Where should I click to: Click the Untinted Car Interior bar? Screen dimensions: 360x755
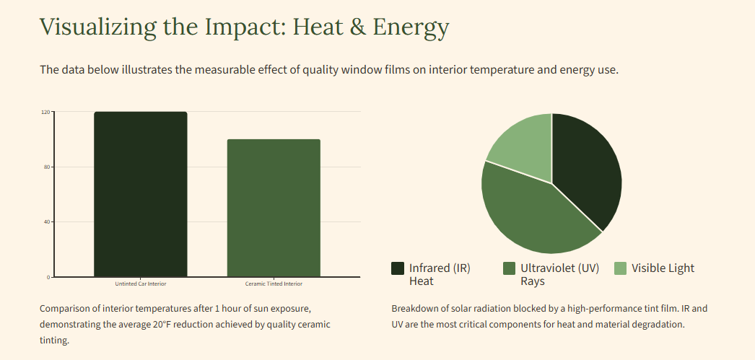(x=141, y=195)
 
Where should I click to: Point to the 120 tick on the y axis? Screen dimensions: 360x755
(x=45, y=113)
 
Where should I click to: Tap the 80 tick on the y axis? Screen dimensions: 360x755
(x=46, y=167)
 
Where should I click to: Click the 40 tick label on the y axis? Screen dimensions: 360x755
(x=46, y=222)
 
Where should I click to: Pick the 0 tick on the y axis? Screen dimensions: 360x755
(x=48, y=277)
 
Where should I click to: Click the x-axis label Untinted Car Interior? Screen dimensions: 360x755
(x=141, y=284)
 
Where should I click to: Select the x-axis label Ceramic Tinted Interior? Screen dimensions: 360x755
(x=274, y=284)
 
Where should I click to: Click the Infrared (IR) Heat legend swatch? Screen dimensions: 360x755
(x=398, y=268)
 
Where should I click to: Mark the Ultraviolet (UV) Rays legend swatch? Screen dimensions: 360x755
(x=509, y=268)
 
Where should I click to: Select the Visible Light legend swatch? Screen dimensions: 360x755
(x=620, y=268)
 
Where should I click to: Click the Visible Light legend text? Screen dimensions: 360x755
(x=663, y=268)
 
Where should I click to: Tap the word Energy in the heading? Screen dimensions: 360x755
(x=411, y=27)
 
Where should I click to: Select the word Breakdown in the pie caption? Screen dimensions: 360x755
(x=416, y=308)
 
